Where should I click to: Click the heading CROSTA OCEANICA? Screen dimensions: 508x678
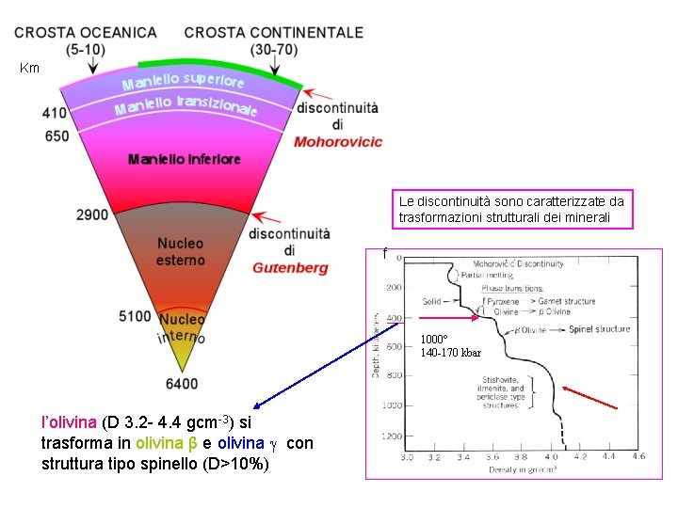(x=86, y=32)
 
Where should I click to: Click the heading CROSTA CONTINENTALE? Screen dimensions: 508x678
(x=273, y=32)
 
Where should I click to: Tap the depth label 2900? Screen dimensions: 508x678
(x=93, y=215)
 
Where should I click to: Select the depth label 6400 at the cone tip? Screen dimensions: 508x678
(x=181, y=383)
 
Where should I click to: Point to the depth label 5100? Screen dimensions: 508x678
(x=136, y=316)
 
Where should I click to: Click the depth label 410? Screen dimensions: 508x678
(x=55, y=114)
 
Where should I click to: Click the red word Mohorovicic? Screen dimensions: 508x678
(x=338, y=143)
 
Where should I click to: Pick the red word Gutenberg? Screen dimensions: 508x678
(x=290, y=268)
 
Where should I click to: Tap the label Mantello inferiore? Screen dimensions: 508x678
(x=185, y=160)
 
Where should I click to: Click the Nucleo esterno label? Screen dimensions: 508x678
(x=180, y=252)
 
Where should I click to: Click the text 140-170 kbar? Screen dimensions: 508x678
(x=450, y=353)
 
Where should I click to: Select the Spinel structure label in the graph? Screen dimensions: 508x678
(x=599, y=329)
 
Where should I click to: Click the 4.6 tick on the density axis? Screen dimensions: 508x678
(x=638, y=456)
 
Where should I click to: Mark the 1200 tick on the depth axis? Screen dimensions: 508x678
(x=391, y=437)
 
